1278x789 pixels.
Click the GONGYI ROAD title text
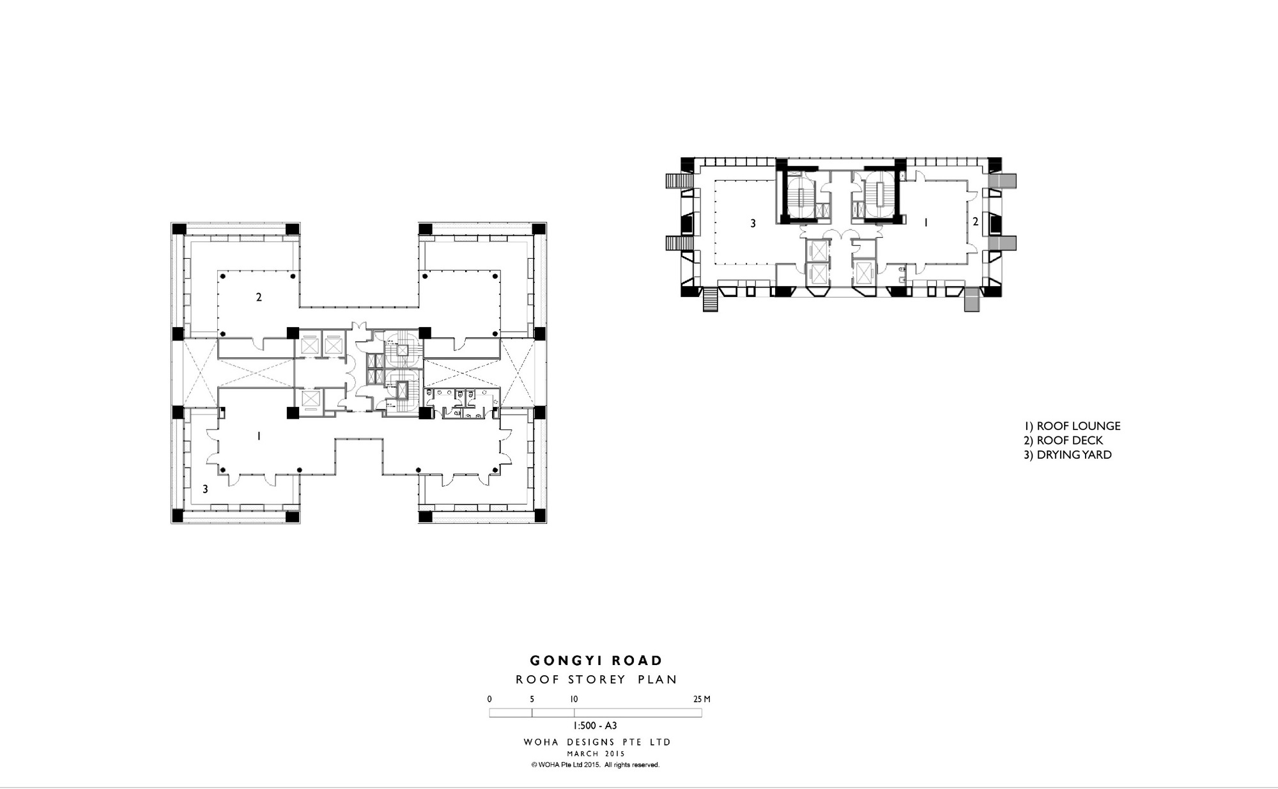point(596,661)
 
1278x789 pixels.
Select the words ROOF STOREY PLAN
point(596,680)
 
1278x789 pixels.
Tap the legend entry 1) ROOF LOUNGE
point(1072,426)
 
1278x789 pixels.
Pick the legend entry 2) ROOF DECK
point(1063,441)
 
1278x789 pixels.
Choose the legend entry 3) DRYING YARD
point(1067,455)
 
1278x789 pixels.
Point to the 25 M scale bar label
point(702,699)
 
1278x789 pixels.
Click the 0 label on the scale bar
point(489,699)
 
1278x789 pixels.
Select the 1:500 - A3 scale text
point(595,726)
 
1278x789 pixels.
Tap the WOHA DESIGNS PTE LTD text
point(597,742)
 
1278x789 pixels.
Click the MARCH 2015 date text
point(596,754)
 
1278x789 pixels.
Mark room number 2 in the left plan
point(259,297)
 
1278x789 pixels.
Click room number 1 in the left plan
point(258,436)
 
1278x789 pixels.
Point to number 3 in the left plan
point(205,489)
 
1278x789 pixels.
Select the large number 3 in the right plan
point(753,224)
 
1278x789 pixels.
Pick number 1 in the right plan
point(926,222)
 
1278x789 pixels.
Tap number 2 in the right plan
point(975,222)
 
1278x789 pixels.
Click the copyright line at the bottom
point(595,765)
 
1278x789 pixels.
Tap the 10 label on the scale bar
point(574,699)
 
